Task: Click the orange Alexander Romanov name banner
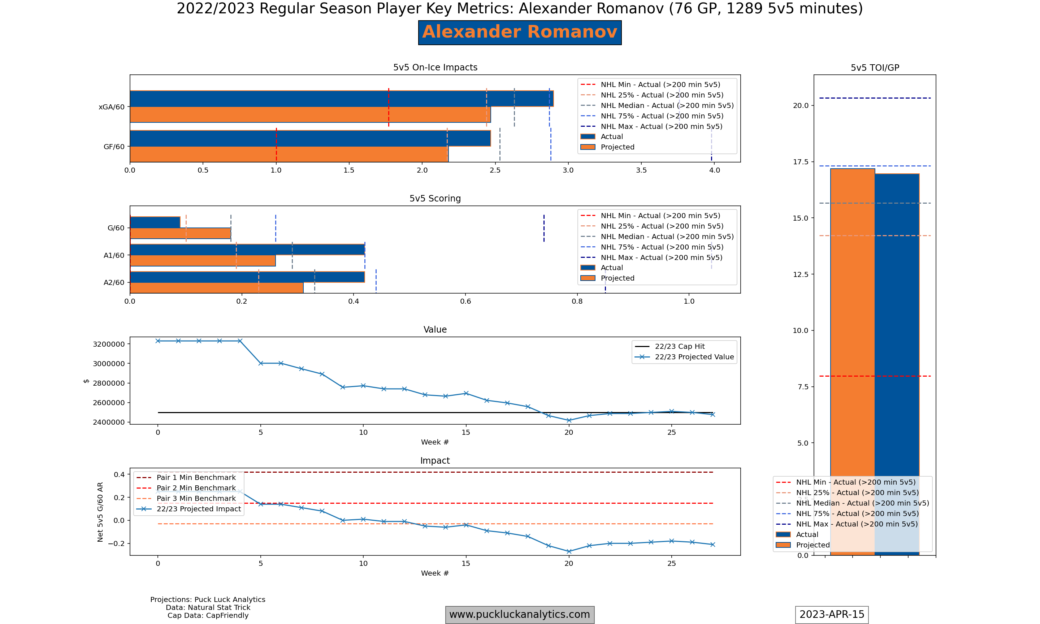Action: (520, 32)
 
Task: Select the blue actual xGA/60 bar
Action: (341, 99)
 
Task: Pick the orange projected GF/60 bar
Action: (289, 154)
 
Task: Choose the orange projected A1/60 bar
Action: (203, 261)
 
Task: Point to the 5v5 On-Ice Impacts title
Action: (435, 67)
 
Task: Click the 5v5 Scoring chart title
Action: (435, 199)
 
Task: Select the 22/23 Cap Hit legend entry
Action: (679, 346)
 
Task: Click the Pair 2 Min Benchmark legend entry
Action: (196, 488)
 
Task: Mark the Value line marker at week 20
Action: (569, 420)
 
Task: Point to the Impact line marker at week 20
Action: (569, 551)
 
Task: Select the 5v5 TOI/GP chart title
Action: (875, 68)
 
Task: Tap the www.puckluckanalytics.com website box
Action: (520, 614)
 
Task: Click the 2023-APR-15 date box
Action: (832, 614)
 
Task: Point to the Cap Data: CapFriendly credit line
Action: (208, 616)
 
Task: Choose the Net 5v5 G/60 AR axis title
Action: (100, 512)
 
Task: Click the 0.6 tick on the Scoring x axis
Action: (465, 301)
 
